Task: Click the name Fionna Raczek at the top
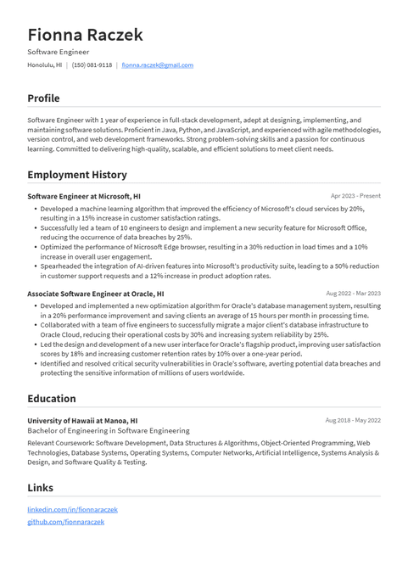[x=85, y=35]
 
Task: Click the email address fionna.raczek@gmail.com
[x=157, y=64]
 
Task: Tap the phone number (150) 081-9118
[x=92, y=64]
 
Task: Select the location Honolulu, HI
[x=44, y=64]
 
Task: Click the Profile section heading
[x=43, y=98]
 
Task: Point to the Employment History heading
[x=77, y=175]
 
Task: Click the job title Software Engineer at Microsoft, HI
[x=84, y=196]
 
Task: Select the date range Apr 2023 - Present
[x=355, y=196]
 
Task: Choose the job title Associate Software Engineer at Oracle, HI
[x=96, y=294]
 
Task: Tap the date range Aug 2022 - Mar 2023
[x=353, y=294]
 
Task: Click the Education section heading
[x=52, y=398]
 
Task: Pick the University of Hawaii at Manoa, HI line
[x=82, y=420]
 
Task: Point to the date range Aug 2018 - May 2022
[x=353, y=420]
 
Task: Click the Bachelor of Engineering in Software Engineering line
[x=109, y=431]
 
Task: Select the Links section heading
[x=40, y=488]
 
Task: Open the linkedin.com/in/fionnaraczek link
[x=72, y=510]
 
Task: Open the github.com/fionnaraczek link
[x=65, y=522]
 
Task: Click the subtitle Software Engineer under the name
[x=58, y=52]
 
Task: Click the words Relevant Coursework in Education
[x=59, y=442]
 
